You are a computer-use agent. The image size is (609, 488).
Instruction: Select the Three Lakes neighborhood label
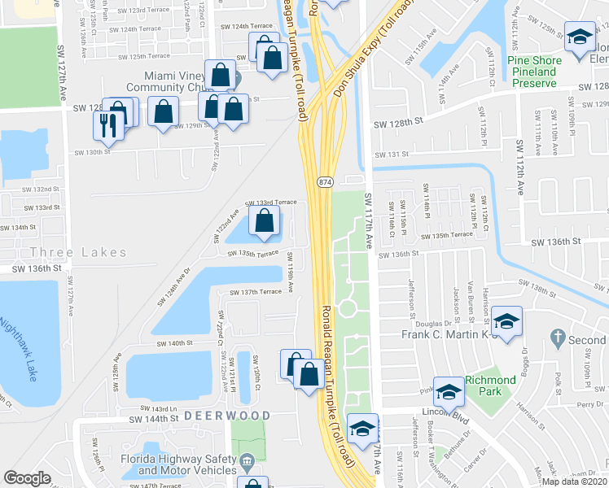(79, 252)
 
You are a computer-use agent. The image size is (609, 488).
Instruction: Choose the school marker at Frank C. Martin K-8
(506, 322)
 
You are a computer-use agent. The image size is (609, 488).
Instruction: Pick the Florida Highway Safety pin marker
(247, 464)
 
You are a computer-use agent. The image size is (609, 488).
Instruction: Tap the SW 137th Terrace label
(256, 291)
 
